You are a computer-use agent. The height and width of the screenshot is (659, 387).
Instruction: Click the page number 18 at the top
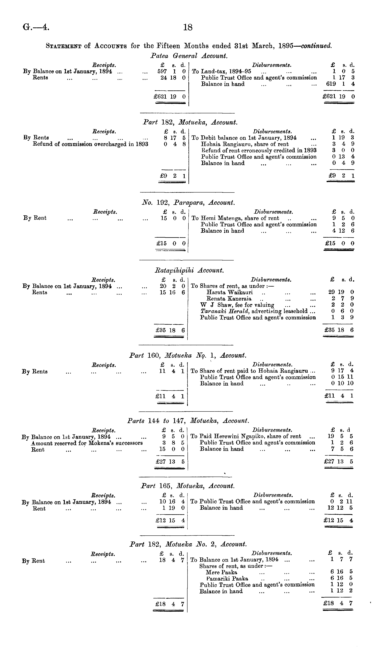click(188, 27)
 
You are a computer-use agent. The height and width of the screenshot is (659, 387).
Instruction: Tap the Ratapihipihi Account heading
click(189, 270)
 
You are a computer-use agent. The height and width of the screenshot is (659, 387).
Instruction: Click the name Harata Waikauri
click(229, 292)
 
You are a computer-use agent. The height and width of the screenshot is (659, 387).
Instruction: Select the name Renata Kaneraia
click(229, 299)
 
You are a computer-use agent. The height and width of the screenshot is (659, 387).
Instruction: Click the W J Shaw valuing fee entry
click(237, 305)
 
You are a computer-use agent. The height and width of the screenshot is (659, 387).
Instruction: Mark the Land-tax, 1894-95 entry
click(226, 71)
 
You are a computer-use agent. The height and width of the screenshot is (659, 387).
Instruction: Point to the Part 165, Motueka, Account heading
click(188, 486)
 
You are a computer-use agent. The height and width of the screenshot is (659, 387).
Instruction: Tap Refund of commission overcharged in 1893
click(91, 144)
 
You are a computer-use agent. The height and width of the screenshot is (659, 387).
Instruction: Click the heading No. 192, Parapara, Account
click(188, 202)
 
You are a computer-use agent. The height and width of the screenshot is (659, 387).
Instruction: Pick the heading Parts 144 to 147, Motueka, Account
click(188, 421)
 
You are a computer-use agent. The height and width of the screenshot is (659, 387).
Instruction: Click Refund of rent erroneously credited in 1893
click(259, 150)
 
